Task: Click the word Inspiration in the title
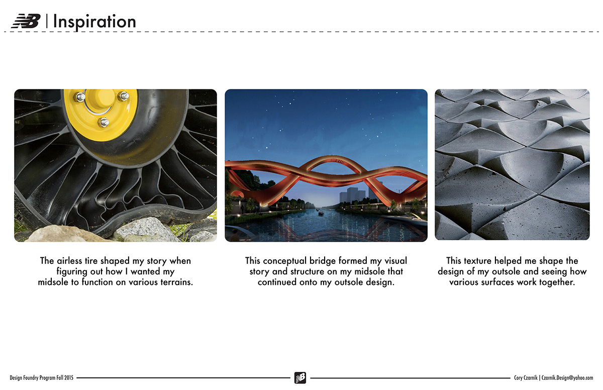[94, 22]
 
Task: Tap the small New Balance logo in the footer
[300, 377]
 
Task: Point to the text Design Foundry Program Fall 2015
[42, 378]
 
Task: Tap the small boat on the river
[321, 213]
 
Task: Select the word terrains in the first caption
[175, 282]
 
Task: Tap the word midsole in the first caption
[54, 282]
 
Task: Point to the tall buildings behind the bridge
[351, 196]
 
